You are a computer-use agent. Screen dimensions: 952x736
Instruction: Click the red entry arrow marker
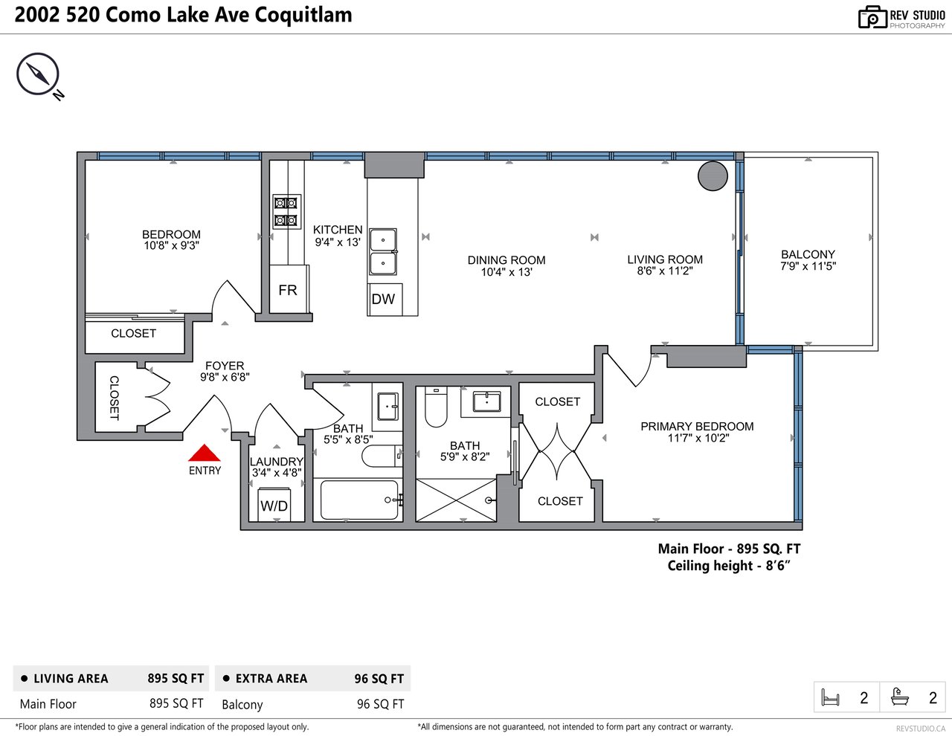pyautogui.click(x=204, y=453)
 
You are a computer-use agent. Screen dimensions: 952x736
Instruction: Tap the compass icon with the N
pyautogui.click(x=39, y=76)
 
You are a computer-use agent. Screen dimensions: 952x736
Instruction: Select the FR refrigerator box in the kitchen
pyautogui.click(x=289, y=289)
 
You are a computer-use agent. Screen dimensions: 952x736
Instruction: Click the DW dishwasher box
pyautogui.click(x=385, y=300)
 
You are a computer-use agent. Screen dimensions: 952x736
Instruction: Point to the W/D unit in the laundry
pyautogui.click(x=274, y=504)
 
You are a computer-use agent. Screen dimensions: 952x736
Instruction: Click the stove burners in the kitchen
pyautogui.click(x=287, y=211)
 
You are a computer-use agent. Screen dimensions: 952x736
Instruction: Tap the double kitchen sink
pyautogui.click(x=383, y=252)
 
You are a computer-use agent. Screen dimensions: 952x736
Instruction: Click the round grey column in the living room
pyautogui.click(x=713, y=176)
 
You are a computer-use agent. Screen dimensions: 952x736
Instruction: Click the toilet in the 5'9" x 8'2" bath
pyautogui.click(x=436, y=407)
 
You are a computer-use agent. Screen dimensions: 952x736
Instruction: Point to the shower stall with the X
pyautogui.click(x=456, y=500)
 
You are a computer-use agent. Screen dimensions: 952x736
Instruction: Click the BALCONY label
pyautogui.click(x=808, y=254)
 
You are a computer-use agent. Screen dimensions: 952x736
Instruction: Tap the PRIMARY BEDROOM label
pyautogui.click(x=697, y=427)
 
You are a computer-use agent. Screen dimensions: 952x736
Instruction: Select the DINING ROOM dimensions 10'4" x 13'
pyautogui.click(x=506, y=272)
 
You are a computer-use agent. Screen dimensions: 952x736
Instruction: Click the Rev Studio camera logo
pyautogui.click(x=872, y=18)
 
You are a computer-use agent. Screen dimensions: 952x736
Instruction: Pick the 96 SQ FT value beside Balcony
pyautogui.click(x=380, y=704)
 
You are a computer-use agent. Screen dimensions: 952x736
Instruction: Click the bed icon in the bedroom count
pyautogui.click(x=830, y=697)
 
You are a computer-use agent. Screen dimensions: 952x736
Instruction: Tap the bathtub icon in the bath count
pyautogui.click(x=900, y=697)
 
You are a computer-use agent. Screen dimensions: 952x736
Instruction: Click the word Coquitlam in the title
pyautogui.click(x=303, y=15)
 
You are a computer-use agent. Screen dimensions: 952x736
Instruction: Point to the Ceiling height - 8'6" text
pyautogui.click(x=729, y=566)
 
